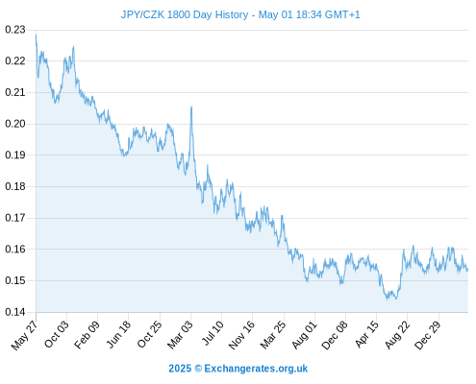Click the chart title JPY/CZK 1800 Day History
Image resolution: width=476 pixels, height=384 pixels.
185,14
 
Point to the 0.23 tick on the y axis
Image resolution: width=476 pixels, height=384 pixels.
15,30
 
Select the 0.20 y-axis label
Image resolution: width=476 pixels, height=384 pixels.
15,124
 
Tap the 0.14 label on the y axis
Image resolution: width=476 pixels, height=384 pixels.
15,312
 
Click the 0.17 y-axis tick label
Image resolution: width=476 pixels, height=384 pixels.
15,218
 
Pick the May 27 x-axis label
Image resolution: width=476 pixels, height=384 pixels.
24,335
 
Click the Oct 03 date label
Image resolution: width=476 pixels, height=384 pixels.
56,334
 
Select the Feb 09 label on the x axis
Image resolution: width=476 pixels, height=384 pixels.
87,335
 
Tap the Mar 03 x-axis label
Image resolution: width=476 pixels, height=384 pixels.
180,335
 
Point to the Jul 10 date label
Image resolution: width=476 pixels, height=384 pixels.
213,333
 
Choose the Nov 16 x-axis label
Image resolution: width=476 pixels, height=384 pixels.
241,335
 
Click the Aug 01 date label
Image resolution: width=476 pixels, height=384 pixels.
304,335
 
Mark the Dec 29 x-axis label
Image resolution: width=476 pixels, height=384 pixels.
428,335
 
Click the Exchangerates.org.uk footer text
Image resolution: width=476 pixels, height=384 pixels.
256,369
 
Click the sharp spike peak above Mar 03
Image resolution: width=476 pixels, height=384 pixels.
191,107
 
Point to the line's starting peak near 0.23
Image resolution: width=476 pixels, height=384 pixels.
36,35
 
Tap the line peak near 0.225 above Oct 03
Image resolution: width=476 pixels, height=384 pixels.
74,47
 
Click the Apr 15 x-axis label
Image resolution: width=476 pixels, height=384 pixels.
366,334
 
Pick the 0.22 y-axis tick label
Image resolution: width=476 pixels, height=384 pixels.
15,60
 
